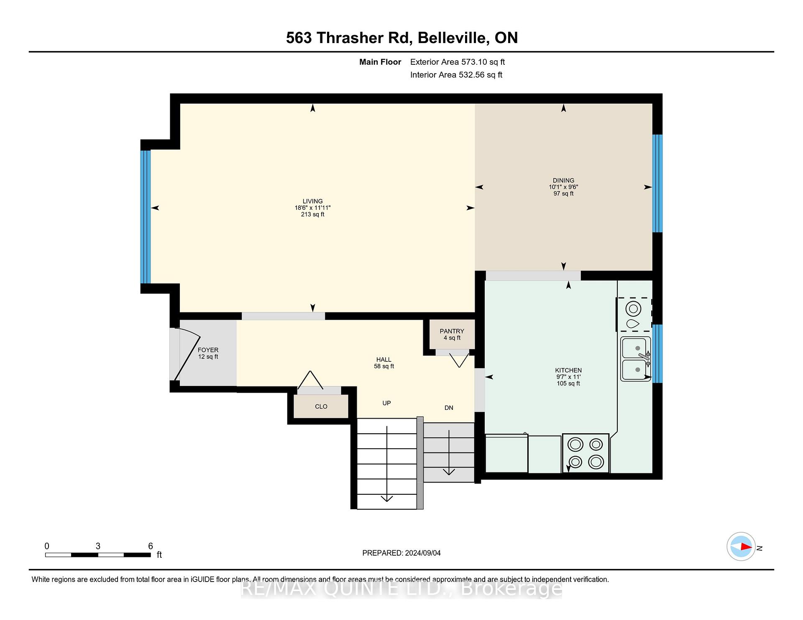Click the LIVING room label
coord(312,201)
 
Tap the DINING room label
coord(563,180)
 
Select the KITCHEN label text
coord(568,370)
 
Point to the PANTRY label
coord(452,331)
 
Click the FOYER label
coord(208,350)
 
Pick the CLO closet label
coord(321,407)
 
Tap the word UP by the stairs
coord(386,403)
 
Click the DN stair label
coord(449,408)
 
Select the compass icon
coord(741,546)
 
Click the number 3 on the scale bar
coord(98,546)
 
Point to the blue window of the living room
coord(145,217)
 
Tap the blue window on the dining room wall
coord(657,183)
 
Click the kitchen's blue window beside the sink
coord(657,353)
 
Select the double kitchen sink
coord(636,359)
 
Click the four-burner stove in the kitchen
coord(586,453)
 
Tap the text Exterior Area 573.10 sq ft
coord(458,62)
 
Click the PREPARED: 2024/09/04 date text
coord(401,553)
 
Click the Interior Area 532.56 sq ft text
coord(456,75)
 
